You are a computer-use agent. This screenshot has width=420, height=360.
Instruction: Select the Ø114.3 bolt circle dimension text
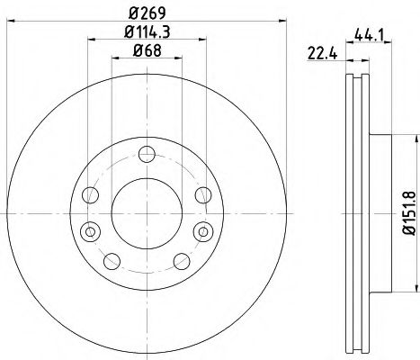click(x=145, y=35)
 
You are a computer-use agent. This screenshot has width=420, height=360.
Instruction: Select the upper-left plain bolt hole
click(x=88, y=194)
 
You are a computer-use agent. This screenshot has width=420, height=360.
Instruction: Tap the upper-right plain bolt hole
click(x=201, y=194)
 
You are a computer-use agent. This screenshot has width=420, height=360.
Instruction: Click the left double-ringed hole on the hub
click(x=88, y=232)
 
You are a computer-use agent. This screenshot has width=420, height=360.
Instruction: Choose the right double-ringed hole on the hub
click(x=201, y=232)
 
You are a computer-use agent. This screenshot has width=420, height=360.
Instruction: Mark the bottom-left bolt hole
click(x=112, y=261)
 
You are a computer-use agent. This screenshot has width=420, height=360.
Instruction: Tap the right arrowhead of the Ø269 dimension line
click(x=281, y=21)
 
